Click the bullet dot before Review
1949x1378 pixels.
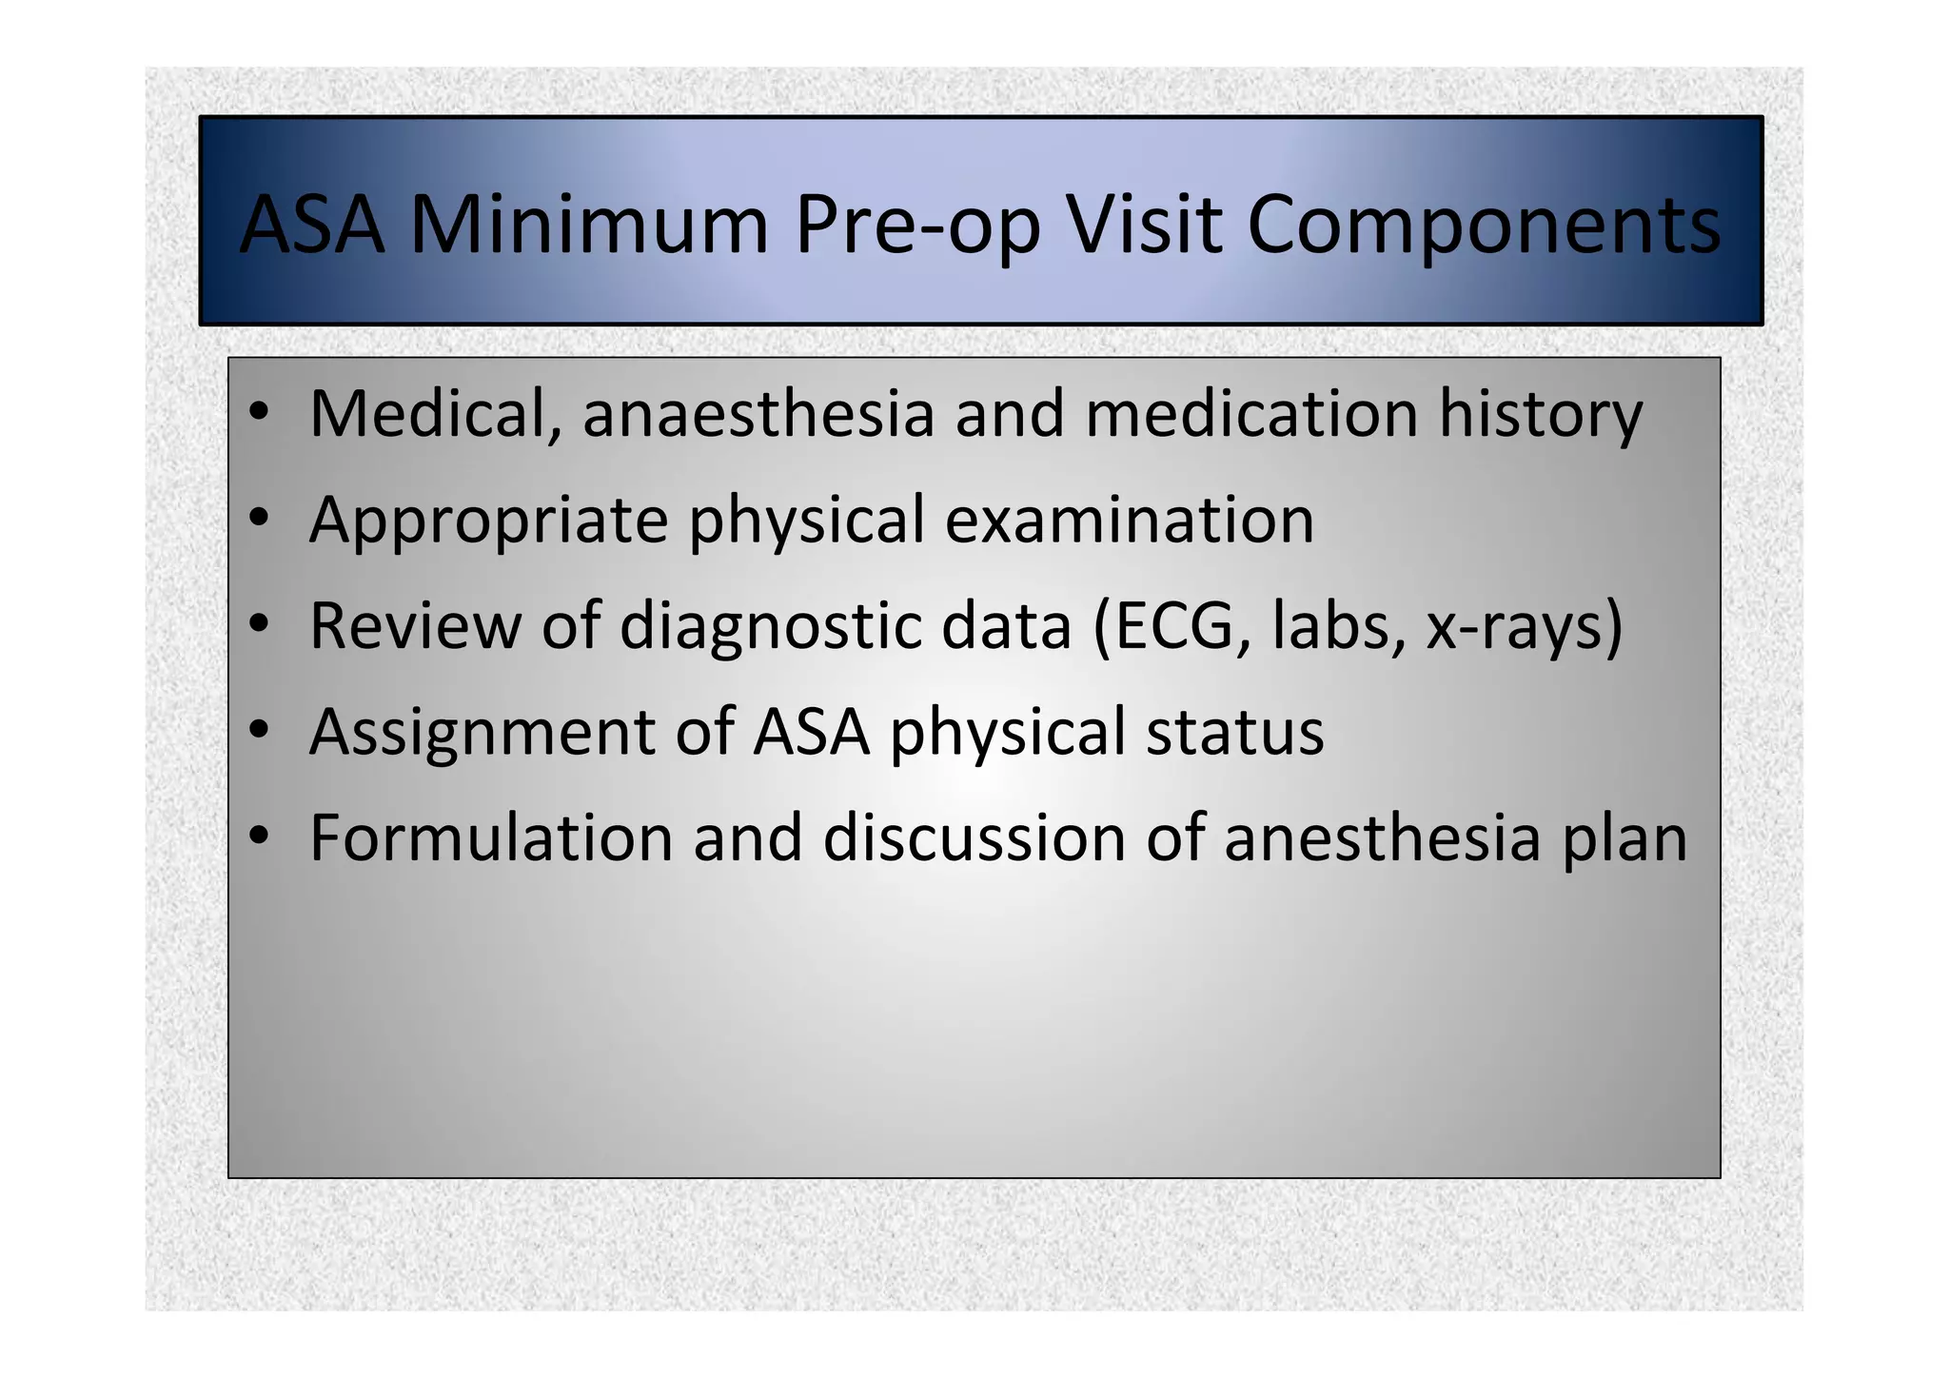click(x=258, y=624)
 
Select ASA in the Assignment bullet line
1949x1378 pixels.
click(x=811, y=732)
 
